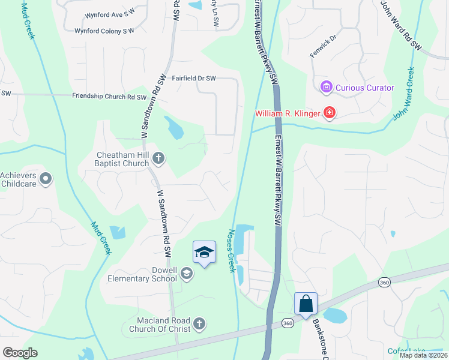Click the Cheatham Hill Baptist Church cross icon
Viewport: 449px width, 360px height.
click(x=158, y=158)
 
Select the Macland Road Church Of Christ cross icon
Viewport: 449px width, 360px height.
click(x=200, y=325)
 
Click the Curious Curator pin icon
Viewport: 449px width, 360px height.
click(x=327, y=88)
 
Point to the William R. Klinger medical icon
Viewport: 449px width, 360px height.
click(x=328, y=113)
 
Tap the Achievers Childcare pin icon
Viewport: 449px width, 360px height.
click(x=46, y=179)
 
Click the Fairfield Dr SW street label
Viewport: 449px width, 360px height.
click(x=194, y=79)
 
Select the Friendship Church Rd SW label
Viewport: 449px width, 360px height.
click(x=109, y=97)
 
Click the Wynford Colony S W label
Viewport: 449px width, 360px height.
click(x=104, y=31)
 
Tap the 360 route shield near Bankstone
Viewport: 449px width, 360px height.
click(x=287, y=324)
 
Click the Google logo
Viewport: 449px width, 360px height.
click(x=20, y=353)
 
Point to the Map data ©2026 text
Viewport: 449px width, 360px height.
click(x=423, y=355)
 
